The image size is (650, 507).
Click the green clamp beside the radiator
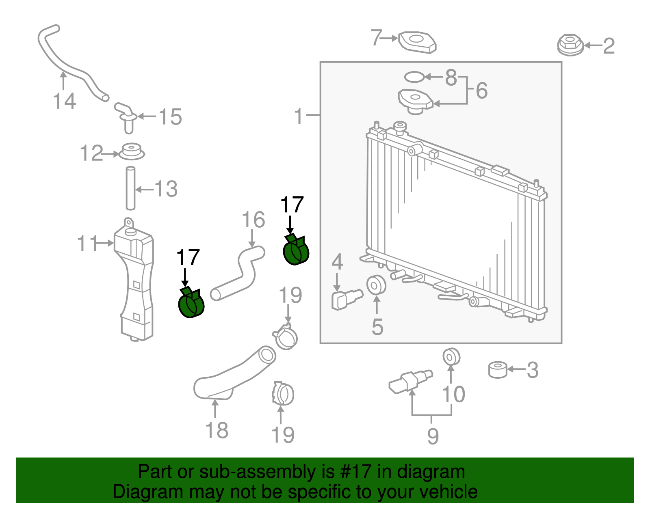(x=296, y=251)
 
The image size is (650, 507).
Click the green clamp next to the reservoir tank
(x=191, y=304)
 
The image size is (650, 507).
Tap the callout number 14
(x=64, y=101)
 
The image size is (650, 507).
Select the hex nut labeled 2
(x=570, y=45)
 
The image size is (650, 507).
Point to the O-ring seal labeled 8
(x=414, y=76)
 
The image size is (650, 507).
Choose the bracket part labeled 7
(x=418, y=42)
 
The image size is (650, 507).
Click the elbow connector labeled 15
(x=126, y=117)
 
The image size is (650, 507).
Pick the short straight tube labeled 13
(x=130, y=188)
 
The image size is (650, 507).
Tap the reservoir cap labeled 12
(x=132, y=152)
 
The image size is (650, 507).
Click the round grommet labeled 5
(x=376, y=285)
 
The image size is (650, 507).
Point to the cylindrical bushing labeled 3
(x=497, y=369)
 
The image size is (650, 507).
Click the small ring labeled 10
(x=451, y=357)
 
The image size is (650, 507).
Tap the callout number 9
(x=433, y=436)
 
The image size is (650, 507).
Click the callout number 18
(x=217, y=430)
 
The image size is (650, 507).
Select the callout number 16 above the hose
(x=253, y=220)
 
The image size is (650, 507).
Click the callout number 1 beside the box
(x=299, y=116)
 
